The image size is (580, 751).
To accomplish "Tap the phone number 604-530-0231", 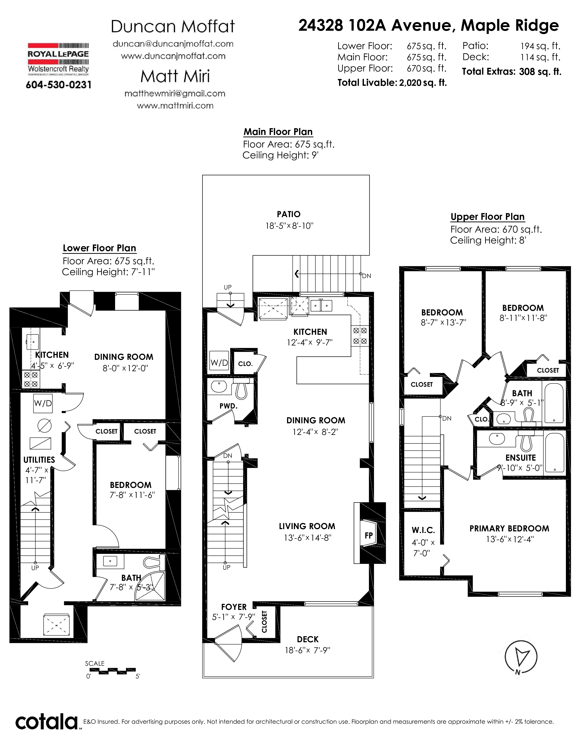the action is [59, 85].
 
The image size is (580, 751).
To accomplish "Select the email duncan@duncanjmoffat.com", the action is [173, 44].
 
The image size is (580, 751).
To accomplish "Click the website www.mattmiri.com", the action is [175, 106].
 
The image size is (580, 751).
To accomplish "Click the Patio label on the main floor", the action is [289, 214].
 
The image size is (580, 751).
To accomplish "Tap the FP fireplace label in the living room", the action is [369, 535].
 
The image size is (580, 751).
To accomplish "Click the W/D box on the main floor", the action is [219, 363].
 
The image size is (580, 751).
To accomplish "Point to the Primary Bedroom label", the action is [509, 528].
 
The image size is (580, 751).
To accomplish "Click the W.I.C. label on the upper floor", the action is [423, 530].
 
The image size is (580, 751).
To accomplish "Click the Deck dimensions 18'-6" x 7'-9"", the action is [308, 650].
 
